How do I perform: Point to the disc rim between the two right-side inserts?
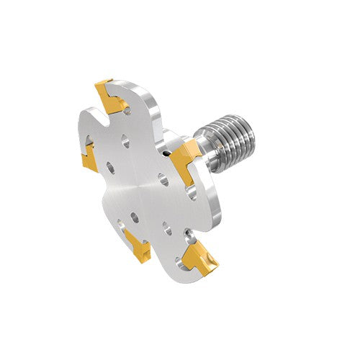tap(216, 209)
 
